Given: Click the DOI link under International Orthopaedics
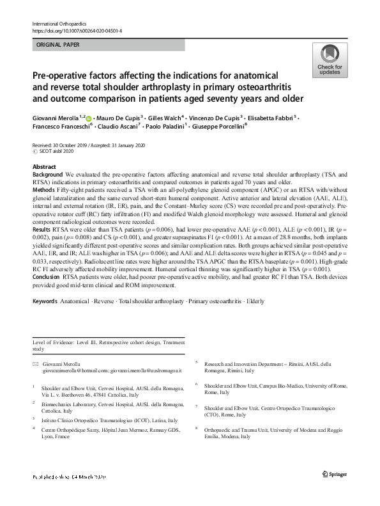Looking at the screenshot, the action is [77, 30].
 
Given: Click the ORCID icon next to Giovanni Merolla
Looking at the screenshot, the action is [88, 118].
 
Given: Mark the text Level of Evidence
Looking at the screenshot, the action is [56, 343].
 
